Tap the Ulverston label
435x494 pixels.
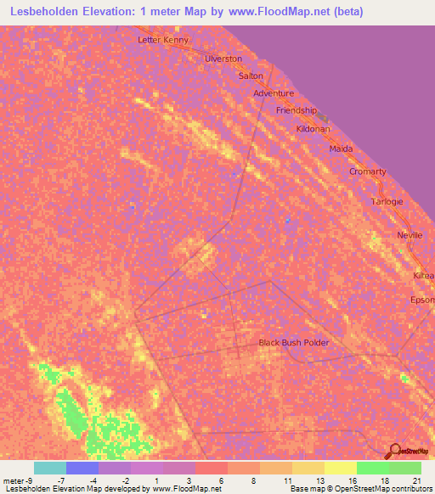click(x=223, y=59)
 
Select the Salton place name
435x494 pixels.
click(x=251, y=76)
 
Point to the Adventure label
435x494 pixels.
click(x=274, y=93)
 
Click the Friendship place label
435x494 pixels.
click(x=297, y=110)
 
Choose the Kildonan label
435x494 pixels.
click(x=314, y=128)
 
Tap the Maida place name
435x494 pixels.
click(x=341, y=149)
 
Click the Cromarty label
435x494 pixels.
click(x=368, y=171)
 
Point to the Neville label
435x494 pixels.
click(x=410, y=235)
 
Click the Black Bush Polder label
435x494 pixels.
click(x=293, y=343)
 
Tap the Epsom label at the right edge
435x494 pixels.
click(x=422, y=300)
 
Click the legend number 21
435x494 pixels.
click(x=415, y=480)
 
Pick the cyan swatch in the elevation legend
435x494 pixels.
click(x=49, y=468)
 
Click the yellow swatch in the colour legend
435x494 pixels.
click(x=340, y=468)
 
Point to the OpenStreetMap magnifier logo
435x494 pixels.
click(x=393, y=451)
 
